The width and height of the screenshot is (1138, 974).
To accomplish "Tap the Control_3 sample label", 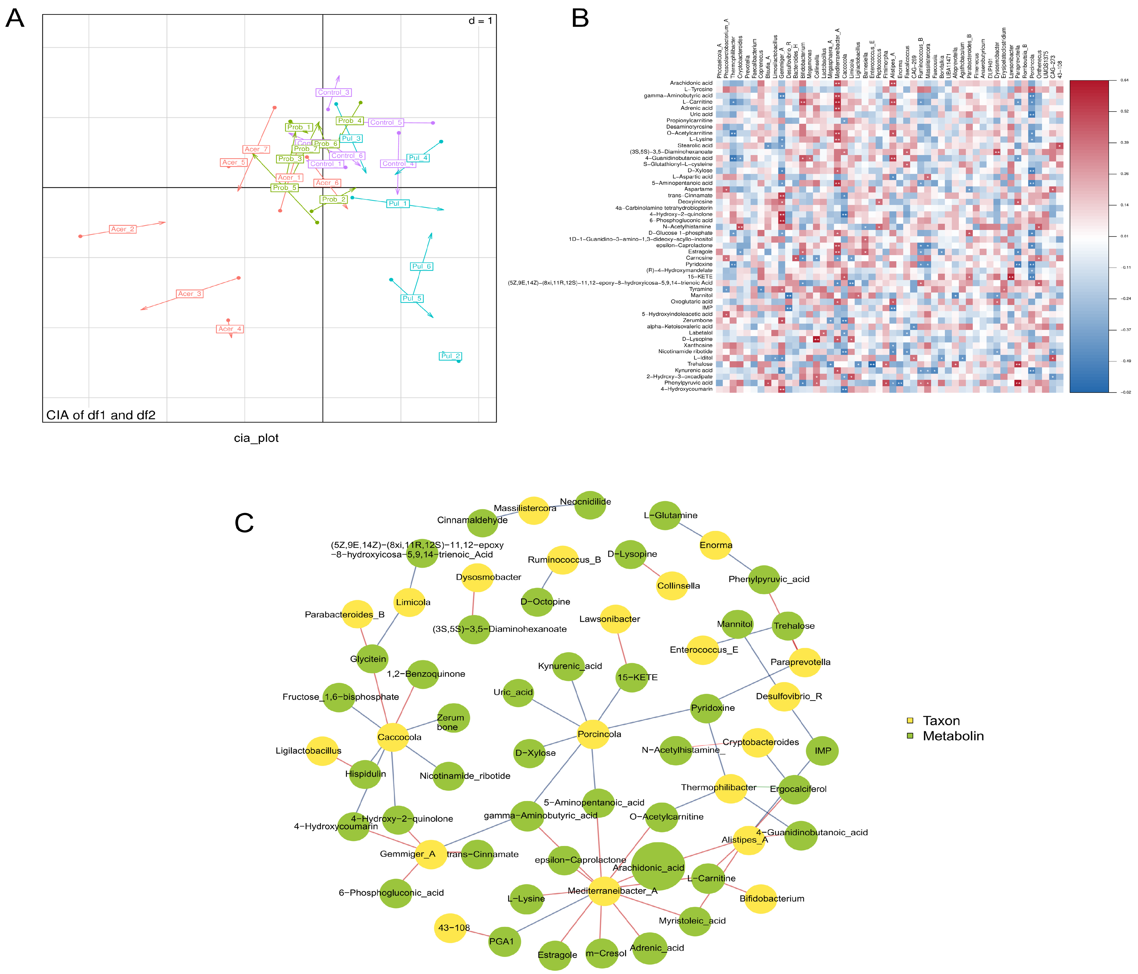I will [x=333, y=92].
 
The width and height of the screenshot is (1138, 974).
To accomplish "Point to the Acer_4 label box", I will [x=229, y=329].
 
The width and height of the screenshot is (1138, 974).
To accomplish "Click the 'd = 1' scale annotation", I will [x=480, y=21].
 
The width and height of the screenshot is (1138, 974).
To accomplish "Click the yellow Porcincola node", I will [x=593, y=734].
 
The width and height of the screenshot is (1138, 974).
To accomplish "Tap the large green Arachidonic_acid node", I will [x=658, y=866].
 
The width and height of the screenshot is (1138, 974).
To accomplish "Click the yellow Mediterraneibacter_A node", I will [x=604, y=890].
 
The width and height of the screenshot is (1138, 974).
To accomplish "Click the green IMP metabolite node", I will [x=822, y=750].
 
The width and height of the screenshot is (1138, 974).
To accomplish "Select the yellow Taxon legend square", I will [x=910, y=720].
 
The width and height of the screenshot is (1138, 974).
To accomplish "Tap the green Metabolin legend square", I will [x=910, y=736].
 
